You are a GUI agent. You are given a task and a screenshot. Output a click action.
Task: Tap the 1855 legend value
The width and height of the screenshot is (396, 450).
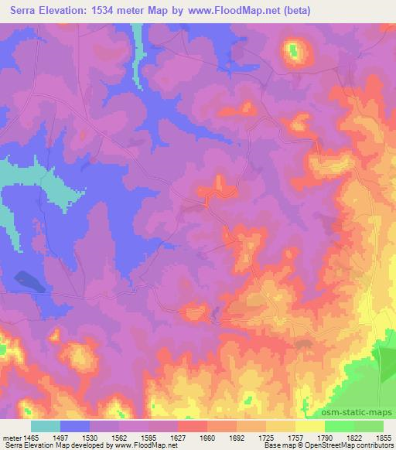384,437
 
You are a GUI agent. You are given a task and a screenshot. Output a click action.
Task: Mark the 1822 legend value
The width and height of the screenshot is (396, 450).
355,437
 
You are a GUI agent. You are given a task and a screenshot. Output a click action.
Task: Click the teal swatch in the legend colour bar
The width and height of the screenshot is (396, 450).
46,426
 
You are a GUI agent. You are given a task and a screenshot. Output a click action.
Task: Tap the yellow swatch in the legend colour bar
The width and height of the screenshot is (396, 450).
310,426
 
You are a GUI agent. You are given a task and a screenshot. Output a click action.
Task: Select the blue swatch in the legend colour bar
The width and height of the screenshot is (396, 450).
75,426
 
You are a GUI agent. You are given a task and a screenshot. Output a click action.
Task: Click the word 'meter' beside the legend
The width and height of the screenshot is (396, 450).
11,437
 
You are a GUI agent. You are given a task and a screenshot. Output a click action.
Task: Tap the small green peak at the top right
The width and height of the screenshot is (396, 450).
294,52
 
